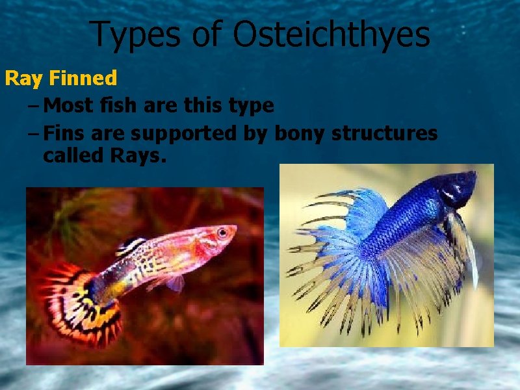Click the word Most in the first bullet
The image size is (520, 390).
click(70, 105)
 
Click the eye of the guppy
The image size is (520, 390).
click(222, 232)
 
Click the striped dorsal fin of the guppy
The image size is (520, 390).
click(130, 246)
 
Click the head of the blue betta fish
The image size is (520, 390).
click(458, 188)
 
